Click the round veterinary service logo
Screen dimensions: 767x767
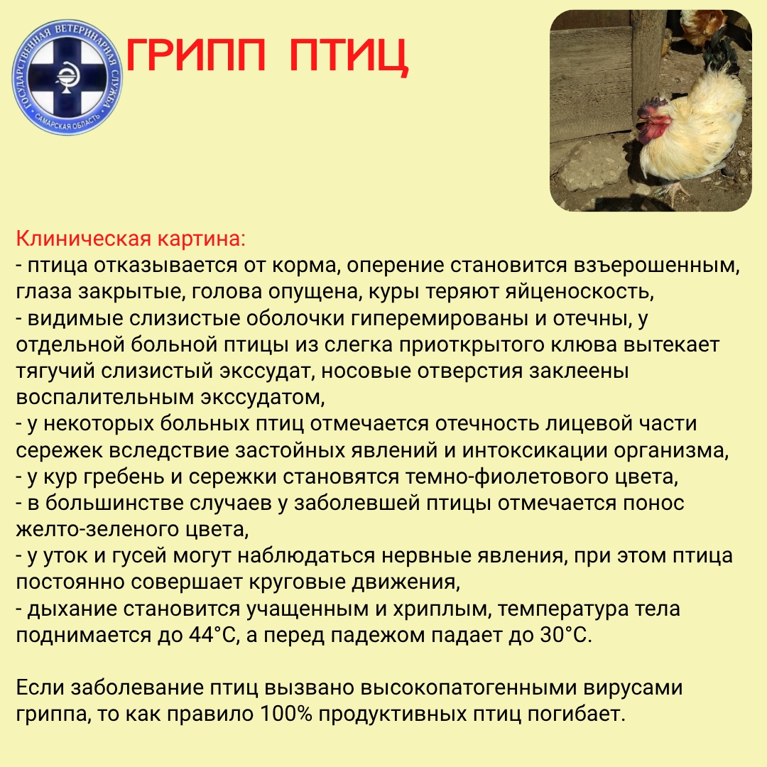coord(68,76)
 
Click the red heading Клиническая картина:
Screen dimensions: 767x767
coord(130,238)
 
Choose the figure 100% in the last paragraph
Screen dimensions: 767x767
coord(285,714)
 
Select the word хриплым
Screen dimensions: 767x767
coord(428,609)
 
